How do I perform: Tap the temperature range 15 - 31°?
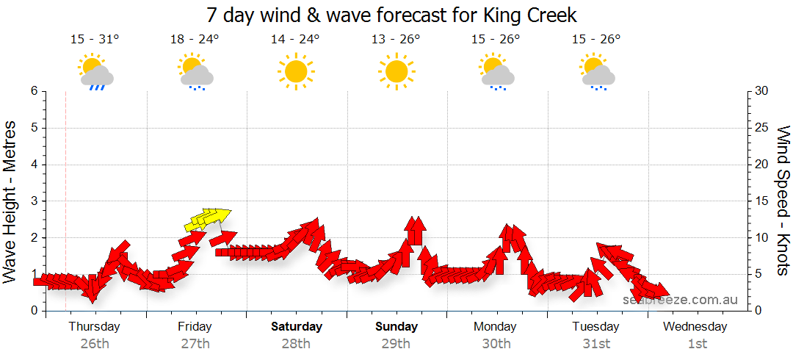[x=95, y=40]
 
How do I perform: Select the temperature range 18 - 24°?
[x=195, y=40]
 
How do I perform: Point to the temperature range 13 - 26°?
[x=396, y=40]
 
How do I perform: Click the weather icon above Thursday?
[x=95, y=71]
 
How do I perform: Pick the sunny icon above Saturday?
[x=295, y=71]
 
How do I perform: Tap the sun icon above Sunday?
[x=396, y=71]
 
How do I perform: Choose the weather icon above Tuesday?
[x=597, y=71]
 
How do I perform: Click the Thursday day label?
[x=95, y=327]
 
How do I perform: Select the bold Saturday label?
[x=296, y=327]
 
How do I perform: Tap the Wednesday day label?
[x=695, y=327]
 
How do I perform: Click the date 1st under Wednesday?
[x=697, y=343]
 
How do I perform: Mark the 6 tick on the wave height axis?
[x=34, y=91]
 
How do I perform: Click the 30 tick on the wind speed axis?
[x=762, y=91]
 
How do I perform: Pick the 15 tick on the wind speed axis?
[x=762, y=201]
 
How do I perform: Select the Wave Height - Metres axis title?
[x=11, y=201]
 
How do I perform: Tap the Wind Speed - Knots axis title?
[x=783, y=201]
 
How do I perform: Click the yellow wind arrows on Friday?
[x=207, y=218]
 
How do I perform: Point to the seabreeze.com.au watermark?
[x=680, y=300]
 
